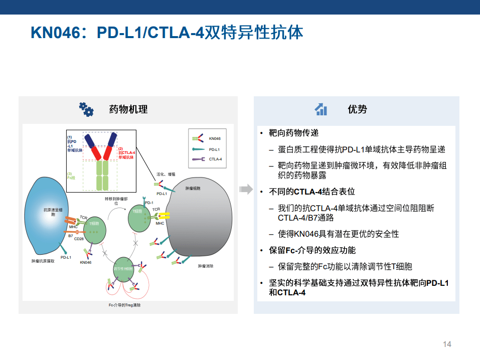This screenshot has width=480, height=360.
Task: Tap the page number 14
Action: click(x=447, y=344)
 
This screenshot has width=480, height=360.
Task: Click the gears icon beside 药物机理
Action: click(x=86, y=109)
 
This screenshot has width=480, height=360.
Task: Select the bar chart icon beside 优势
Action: click(x=321, y=109)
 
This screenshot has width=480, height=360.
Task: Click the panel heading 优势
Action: click(x=357, y=109)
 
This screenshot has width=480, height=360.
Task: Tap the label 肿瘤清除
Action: click(x=206, y=266)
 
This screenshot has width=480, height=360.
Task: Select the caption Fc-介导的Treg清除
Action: click(x=124, y=305)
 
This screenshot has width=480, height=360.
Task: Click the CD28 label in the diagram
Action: click(x=79, y=239)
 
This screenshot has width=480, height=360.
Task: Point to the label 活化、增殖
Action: click(x=166, y=174)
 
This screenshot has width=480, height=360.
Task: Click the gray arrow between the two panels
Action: click(x=245, y=189)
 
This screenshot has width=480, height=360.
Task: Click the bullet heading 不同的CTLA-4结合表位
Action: click(x=312, y=192)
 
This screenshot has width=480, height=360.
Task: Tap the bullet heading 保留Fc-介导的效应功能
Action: click(x=312, y=250)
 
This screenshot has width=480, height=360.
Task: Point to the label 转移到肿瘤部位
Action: click(x=116, y=201)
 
